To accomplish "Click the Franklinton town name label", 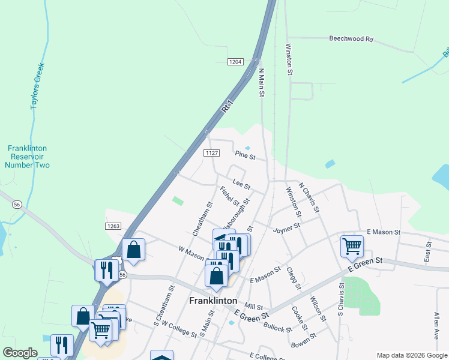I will point(213,301).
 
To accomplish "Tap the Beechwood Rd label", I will point(351,39).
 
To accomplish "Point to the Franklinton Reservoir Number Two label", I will point(28,157).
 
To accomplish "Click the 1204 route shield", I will point(235,62).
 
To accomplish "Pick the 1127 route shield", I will point(211,154).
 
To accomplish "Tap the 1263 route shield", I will point(116,226).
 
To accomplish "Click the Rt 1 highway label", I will point(226,109).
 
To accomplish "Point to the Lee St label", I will point(241,187).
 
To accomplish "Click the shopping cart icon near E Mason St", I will point(352,245).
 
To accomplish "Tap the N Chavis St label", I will point(309,200).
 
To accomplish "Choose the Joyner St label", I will point(286,228).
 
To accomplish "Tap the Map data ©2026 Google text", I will point(411,355).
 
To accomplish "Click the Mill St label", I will point(254,307).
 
